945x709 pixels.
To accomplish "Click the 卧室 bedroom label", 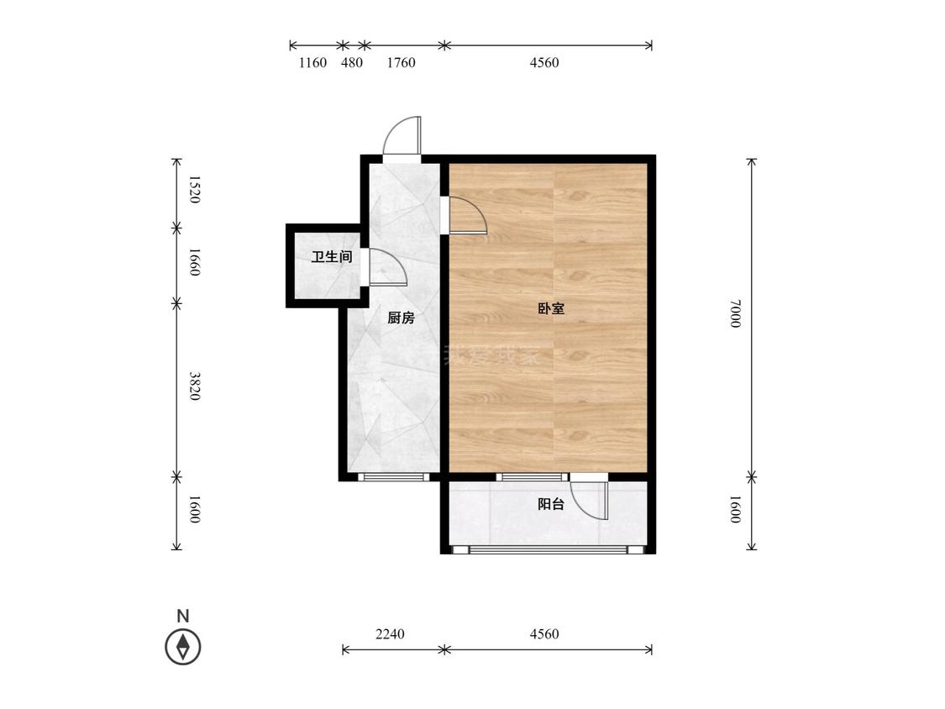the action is point(551,309).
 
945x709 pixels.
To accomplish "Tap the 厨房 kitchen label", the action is point(401,318).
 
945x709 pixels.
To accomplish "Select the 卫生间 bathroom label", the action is point(332,257).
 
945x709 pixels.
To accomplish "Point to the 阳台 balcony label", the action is point(551,504).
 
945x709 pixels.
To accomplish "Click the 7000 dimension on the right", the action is point(735,313).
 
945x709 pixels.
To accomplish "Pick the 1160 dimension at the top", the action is point(312,63).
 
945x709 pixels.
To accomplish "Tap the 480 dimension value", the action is point(352,63).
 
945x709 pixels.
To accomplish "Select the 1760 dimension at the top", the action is point(401,63).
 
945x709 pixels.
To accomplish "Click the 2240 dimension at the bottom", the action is point(390,634).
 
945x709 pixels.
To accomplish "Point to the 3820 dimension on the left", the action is point(194,386).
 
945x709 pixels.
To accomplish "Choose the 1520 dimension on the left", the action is point(194,189).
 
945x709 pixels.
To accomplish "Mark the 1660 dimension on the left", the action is point(194,262).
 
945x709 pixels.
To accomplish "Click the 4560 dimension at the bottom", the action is point(544,634).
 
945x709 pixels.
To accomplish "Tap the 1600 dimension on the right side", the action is point(735,509).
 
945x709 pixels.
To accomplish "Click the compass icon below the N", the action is point(182,647).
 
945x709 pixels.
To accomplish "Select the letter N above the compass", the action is point(182,616).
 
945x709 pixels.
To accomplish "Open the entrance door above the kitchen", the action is point(402,135).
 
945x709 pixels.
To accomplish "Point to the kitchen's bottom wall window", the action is point(394,477).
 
